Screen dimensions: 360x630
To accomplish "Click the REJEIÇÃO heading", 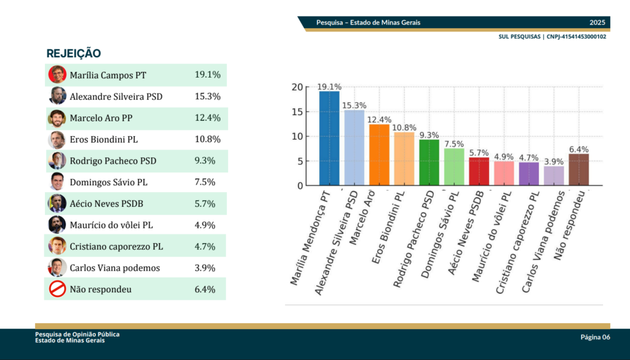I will (74, 54).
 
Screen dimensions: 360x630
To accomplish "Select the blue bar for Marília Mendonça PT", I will (329, 138).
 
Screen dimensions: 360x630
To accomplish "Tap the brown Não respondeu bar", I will (578, 170).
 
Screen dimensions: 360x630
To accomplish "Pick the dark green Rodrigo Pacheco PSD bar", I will (429, 162).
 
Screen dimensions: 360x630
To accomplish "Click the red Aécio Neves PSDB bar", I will (479, 172).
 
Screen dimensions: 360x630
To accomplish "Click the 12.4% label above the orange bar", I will (379, 119).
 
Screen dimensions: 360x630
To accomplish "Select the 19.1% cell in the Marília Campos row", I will (207, 75).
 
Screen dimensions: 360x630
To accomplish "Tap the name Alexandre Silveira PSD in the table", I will (116, 97).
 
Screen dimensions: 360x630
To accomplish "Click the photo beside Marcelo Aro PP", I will (57, 118).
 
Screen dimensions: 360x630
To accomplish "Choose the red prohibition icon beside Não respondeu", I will (57, 289).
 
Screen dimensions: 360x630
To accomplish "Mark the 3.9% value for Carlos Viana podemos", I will (204, 268).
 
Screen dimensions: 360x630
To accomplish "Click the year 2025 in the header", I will (597, 23).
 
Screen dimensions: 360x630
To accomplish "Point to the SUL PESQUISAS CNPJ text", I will (552, 37).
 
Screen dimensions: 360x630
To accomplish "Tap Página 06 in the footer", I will (595, 337).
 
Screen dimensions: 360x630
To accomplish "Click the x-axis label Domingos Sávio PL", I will (439, 234).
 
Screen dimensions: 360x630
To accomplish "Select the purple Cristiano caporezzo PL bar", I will (528, 174).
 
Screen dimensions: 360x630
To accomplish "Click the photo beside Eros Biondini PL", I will (57, 139).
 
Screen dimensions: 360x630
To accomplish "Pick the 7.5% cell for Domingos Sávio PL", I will (204, 182).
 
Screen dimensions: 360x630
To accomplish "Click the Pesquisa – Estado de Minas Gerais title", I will (368, 23).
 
